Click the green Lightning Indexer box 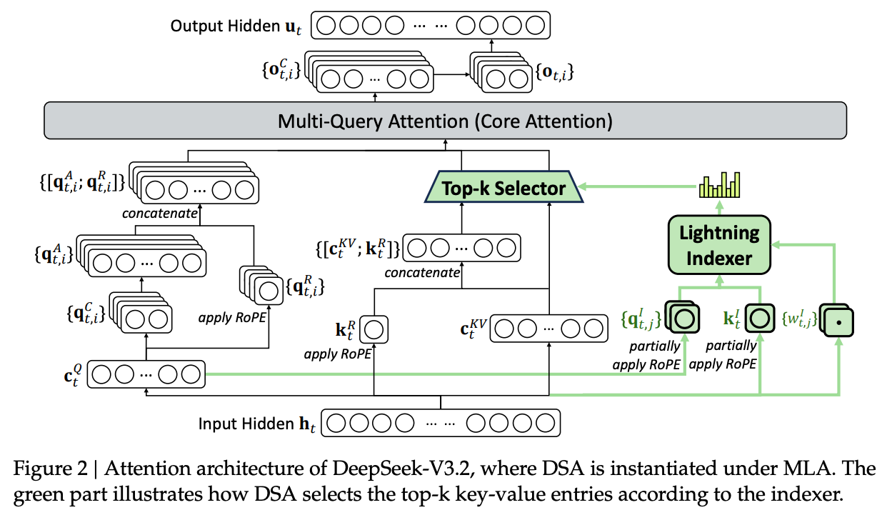coord(719,245)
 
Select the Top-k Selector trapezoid coord(503,189)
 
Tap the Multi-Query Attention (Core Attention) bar coord(444,121)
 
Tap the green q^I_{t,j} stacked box coord(682,317)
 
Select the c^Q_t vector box coord(146,374)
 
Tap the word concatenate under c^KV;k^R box coord(421,273)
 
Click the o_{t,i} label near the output coord(553,72)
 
